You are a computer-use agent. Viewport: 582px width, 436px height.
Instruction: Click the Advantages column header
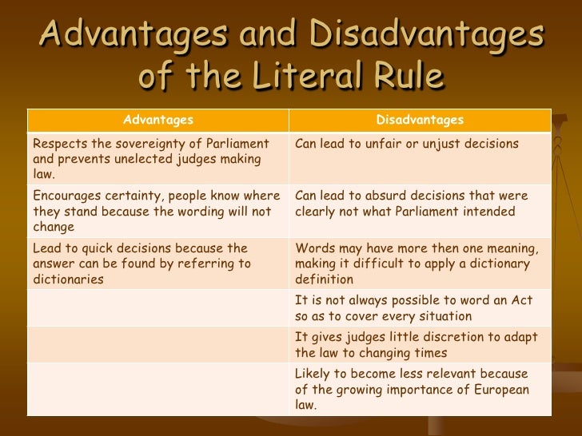click(158, 120)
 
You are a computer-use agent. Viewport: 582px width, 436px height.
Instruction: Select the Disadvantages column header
click(420, 120)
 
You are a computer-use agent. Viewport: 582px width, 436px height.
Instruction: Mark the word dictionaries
click(69, 279)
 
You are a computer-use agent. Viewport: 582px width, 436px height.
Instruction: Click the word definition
click(324, 279)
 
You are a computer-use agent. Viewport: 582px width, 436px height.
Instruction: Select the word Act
click(523, 300)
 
